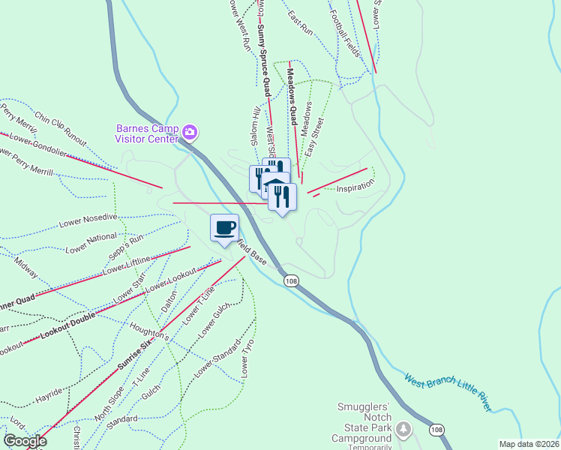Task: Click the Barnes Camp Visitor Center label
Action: pyautogui.click(x=147, y=133)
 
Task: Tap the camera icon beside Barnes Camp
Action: pyautogui.click(x=190, y=133)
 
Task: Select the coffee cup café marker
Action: pyautogui.click(x=224, y=227)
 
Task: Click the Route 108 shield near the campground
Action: pyautogui.click(x=436, y=430)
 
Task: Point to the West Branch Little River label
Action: pyautogui.click(x=447, y=393)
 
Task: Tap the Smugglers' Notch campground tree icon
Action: pyautogui.click(x=404, y=430)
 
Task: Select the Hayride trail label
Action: pyautogui.click(x=49, y=391)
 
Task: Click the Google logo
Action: pyautogui.click(x=25, y=441)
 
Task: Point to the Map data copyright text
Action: pyautogui.click(x=528, y=444)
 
